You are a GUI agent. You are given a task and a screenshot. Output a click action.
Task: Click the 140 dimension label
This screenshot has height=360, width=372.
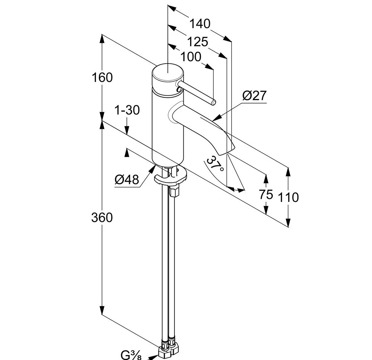coord(200,24)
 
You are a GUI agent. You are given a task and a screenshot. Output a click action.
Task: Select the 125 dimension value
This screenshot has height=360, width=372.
coord(198,42)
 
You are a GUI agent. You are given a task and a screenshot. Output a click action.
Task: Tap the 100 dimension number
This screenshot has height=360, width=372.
coord(191,57)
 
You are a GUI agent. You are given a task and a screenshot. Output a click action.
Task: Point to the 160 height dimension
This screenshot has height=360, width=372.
coord(102,77)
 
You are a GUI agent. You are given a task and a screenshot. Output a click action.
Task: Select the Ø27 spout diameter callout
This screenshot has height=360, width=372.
coord(254,96)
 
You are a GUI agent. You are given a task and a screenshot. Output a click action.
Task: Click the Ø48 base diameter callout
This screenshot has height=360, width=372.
coord(126,180)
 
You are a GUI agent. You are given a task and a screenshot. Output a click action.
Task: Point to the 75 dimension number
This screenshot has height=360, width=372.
coord(266,194)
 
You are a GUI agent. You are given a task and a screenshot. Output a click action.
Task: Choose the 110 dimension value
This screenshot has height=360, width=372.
coord(288,197)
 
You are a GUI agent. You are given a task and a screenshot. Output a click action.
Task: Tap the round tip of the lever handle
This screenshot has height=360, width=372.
coord(213,101)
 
